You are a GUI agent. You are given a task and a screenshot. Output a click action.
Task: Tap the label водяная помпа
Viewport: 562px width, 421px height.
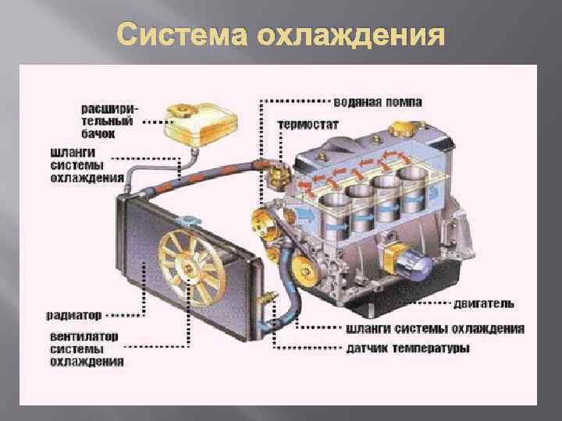point(378,102)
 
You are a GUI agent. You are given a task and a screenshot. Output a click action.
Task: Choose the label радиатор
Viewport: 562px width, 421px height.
point(74,316)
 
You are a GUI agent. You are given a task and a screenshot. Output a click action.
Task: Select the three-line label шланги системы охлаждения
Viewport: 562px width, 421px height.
point(86,165)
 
